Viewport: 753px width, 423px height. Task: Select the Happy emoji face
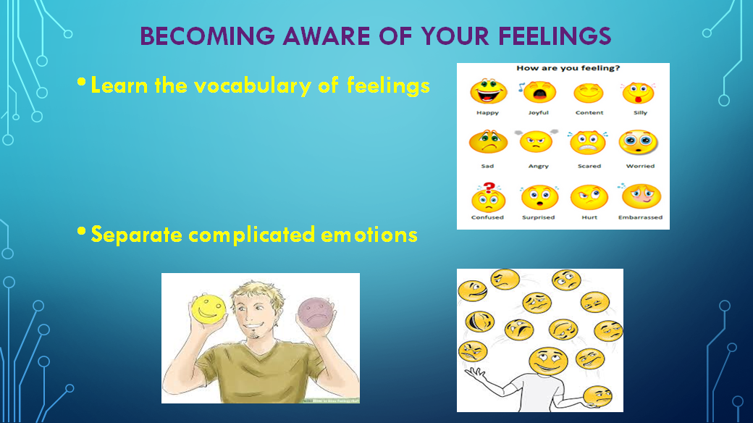(487, 93)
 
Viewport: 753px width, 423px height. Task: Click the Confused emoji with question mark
(487, 197)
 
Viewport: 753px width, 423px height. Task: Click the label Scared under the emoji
(589, 166)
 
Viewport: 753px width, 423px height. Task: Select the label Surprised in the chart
(538, 217)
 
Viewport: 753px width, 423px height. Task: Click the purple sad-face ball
(314, 312)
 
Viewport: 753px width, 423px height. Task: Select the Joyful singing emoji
(538, 93)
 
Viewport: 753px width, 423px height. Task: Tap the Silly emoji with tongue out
(639, 93)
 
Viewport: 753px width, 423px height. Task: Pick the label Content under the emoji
(589, 113)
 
